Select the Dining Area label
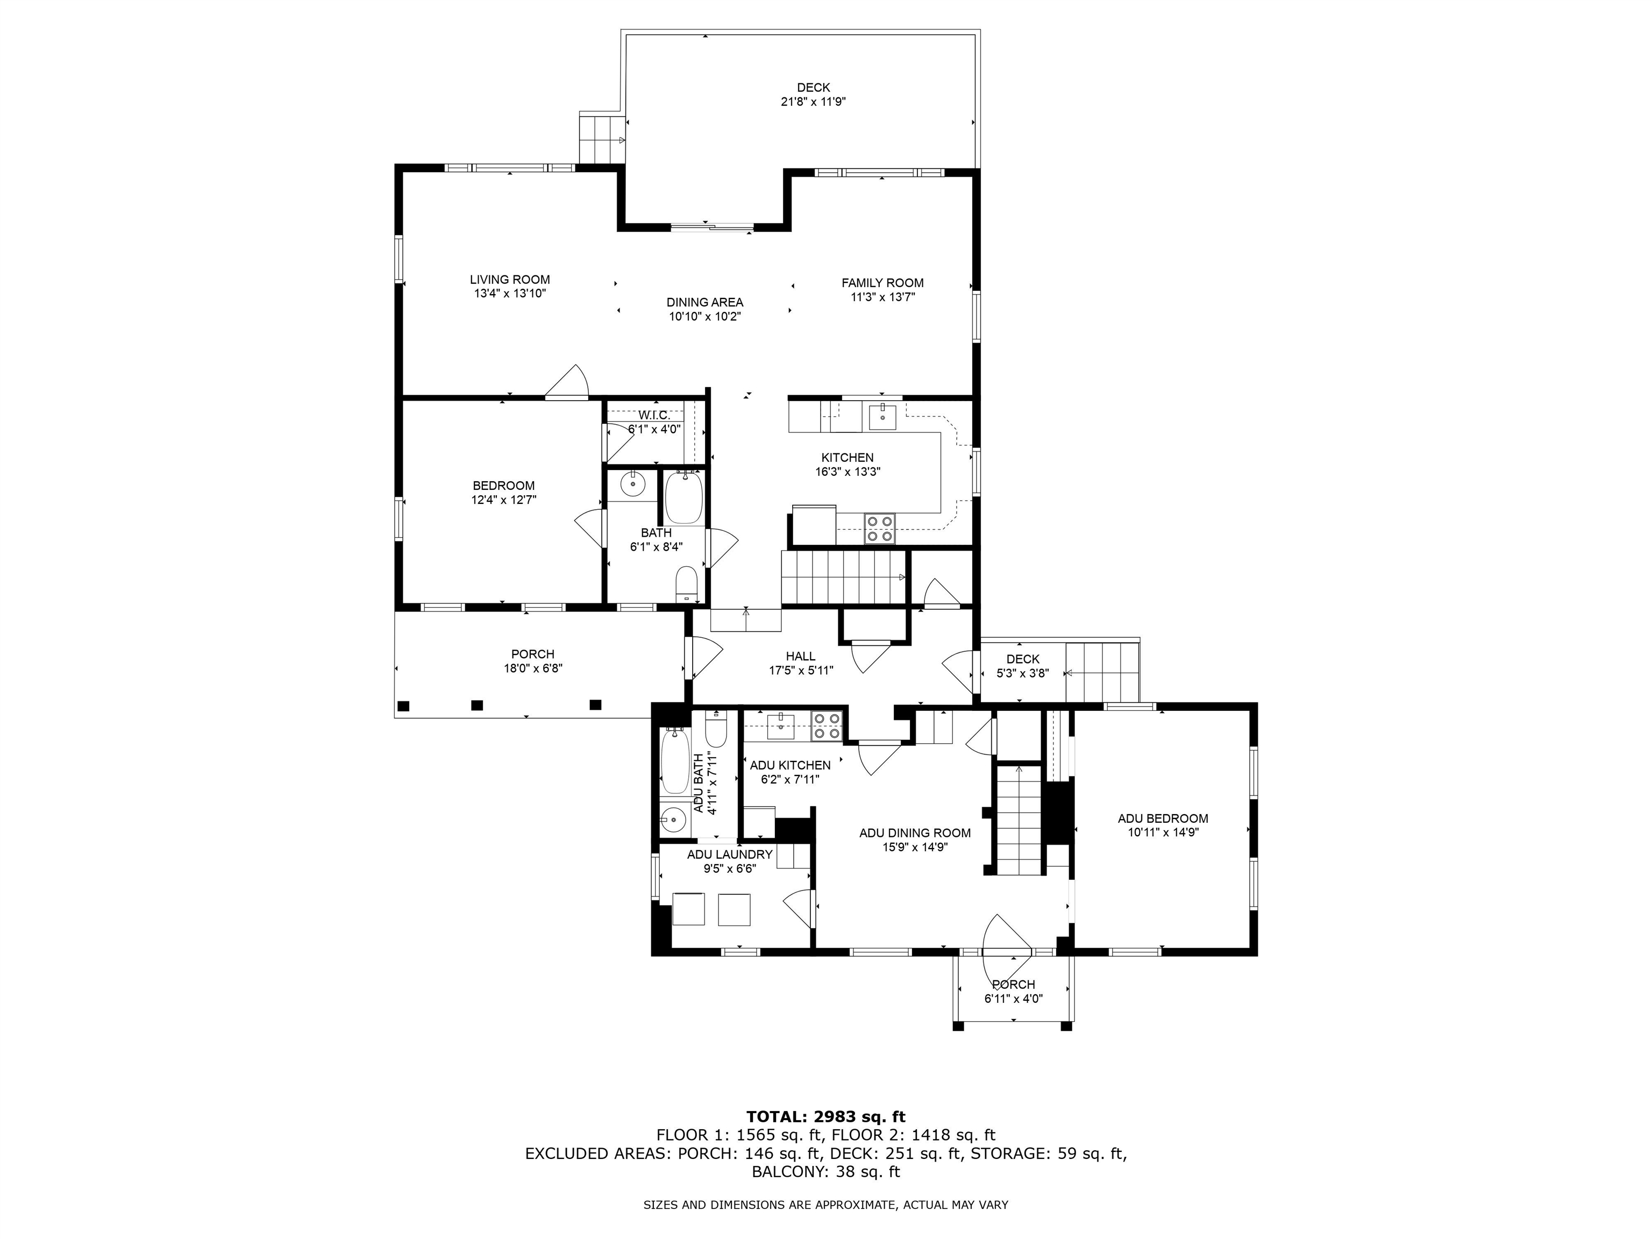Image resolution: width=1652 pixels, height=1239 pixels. coord(705,302)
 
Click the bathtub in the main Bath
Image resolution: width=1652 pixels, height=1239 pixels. coord(684,497)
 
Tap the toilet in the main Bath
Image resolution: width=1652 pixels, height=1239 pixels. coord(686,584)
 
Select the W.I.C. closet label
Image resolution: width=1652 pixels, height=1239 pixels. coord(654,415)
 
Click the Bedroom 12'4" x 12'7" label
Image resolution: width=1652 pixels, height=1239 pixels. coord(503,493)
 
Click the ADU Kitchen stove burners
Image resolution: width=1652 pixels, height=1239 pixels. coord(827,726)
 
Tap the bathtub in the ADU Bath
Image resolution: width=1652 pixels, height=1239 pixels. coord(675,761)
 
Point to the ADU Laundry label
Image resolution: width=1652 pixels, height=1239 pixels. coord(730,855)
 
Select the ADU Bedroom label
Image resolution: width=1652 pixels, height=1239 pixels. coord(1163,818)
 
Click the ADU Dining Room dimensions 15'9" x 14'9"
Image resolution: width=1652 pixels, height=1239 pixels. coord(915,847)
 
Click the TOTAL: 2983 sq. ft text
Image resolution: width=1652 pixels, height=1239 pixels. coord(826,1116)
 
